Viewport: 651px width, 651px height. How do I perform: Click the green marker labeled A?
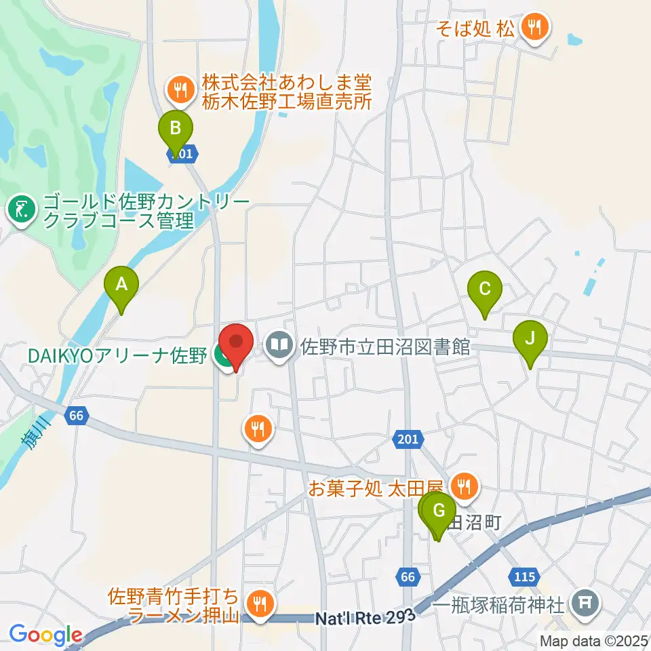pos(121,287)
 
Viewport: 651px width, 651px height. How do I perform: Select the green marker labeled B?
pos(176,128)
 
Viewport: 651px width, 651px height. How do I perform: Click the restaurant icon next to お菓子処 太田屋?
pos(465,486)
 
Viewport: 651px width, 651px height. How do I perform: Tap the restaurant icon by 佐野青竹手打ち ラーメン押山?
pos(259,600)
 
